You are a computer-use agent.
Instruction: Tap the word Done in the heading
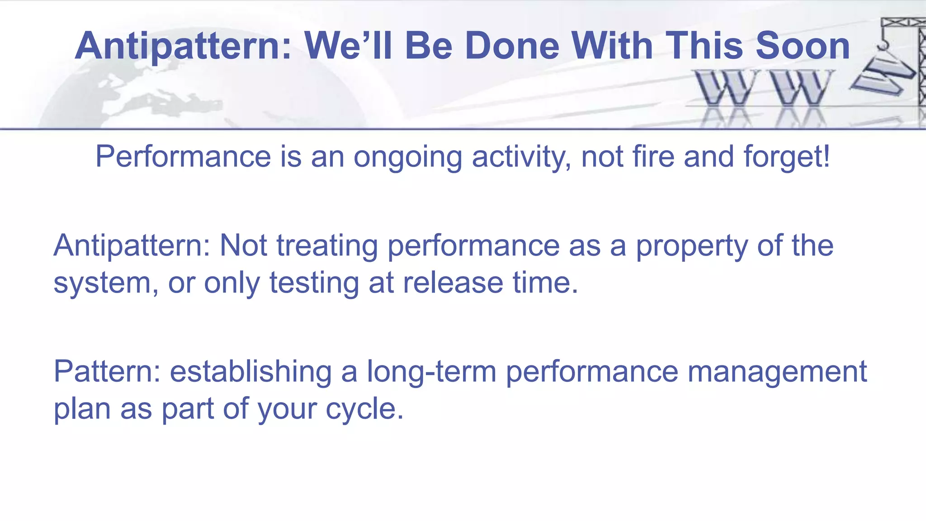point(512,46)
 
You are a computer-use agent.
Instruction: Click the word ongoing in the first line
point(407,157)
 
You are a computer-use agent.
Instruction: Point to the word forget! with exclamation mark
point(787,156)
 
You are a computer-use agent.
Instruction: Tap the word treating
point(327,246)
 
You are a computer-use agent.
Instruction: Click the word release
point(453,283)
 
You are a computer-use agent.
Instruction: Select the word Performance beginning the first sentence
point(183,156)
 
